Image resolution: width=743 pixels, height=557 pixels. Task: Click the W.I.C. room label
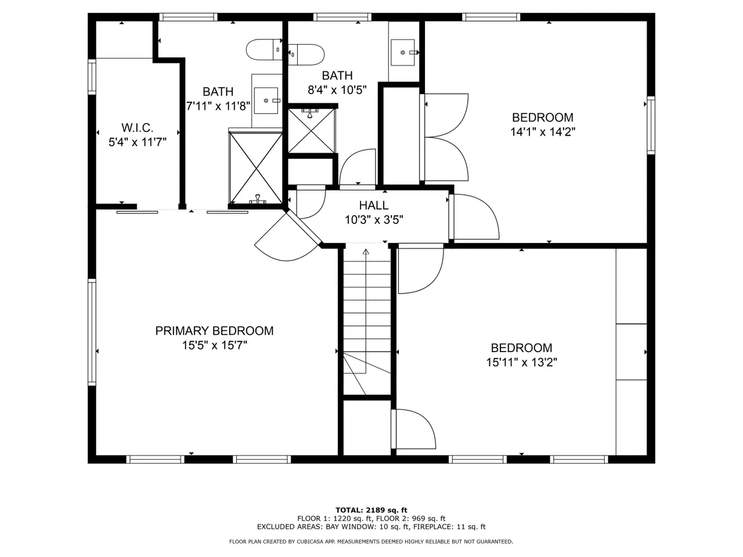[x=137, y=128]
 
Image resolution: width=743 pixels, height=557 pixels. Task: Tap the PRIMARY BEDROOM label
[x=214, y=331]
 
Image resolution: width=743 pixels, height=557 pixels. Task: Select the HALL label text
[x=374, y=205]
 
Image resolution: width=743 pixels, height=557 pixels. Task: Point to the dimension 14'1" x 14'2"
[x=543, y=132]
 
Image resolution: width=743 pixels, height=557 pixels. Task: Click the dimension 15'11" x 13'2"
[x=522, y=363]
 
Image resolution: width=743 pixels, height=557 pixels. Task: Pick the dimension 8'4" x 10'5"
[x=337, y=90]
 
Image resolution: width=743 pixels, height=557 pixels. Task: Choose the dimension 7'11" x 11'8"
[x=218, y=106]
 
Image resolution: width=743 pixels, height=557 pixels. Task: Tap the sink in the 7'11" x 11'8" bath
[x=266, y=100]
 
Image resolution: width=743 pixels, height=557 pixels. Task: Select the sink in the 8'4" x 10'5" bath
[x=402, y=52]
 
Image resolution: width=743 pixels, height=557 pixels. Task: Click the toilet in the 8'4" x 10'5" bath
[x=306, y=55]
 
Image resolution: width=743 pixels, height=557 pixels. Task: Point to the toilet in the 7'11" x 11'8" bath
[x=264, y=49]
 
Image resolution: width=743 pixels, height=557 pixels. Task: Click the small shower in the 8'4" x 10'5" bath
[x=311, y=131]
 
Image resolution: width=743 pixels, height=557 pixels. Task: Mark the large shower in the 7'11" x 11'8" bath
[x=255, y=168]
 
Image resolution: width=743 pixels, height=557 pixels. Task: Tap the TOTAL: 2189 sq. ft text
[x=371, y=510]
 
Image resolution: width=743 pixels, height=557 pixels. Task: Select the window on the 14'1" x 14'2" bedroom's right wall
[x=651, y=125]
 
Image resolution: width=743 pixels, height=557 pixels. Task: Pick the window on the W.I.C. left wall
[x=92, y=77]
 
